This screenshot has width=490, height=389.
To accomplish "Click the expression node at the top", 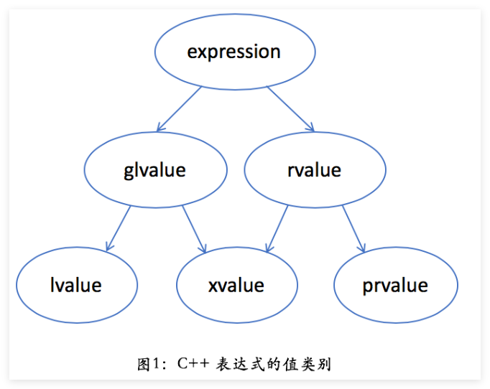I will click(x=234, y=52).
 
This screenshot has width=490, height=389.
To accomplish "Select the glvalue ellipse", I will click(x=155, y=170).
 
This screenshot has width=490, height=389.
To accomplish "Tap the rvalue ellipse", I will click(x=314, y=170).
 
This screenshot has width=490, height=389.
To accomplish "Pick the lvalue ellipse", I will click(x=76, y=285).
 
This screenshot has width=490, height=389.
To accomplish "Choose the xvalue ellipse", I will click(x=236, y=285).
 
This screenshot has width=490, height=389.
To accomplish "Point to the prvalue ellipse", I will click(x=395, y=285).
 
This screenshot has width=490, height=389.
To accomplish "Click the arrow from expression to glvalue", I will click(x=180, y=108).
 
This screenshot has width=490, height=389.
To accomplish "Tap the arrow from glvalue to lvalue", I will click(x=119, y=228).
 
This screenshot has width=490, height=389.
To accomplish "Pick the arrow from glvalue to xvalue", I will click(x=193, y=229).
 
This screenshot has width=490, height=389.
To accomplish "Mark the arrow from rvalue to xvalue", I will click(x=277, y=229).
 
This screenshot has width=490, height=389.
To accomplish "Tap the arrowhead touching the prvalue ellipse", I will click(x=363, y=250).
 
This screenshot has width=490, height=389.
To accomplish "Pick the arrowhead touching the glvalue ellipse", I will click(x=160, y=128).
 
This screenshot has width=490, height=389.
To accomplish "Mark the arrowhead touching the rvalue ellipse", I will click(x=311, y=128).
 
